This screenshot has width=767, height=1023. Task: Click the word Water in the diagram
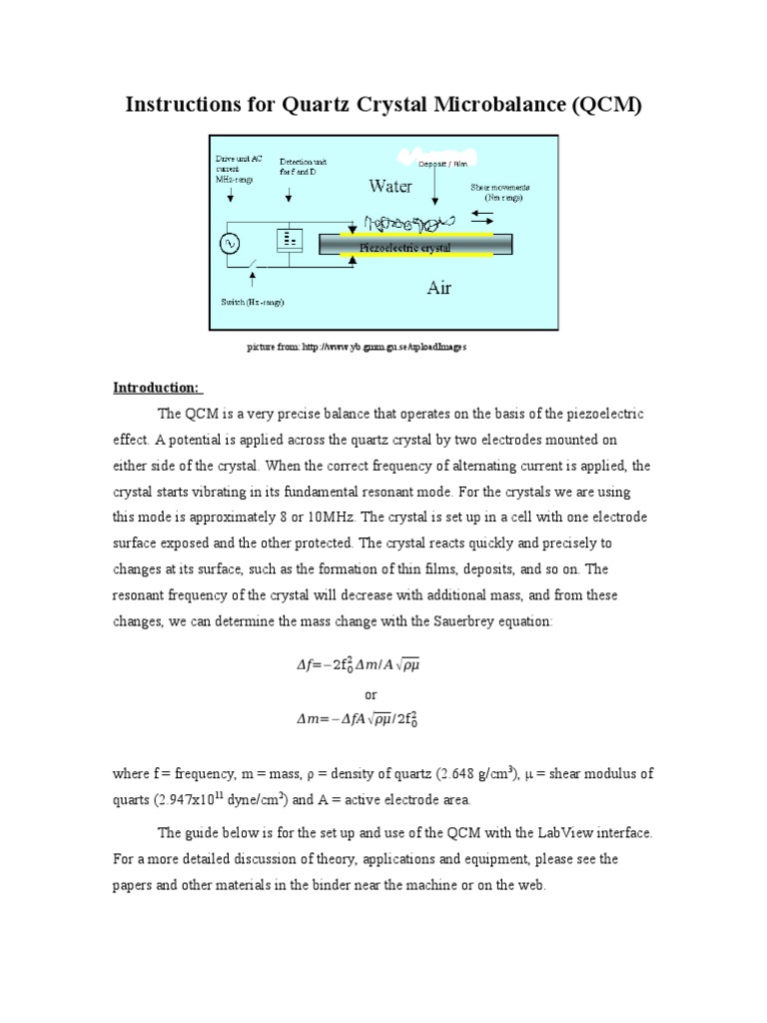pyautogui.click(x=390, y=186)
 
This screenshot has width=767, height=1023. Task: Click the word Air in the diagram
pyautogui.click(x=438, y=288)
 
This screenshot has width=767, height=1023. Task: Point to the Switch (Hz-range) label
pyautogui.click(x=251, y=302)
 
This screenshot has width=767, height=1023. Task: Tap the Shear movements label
pyautogui.click(x=499, y=192)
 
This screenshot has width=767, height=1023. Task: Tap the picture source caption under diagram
pyautogui.click(x=357, y=347)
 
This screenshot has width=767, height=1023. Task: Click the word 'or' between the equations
pyautogui.click(x=371, y=693)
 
